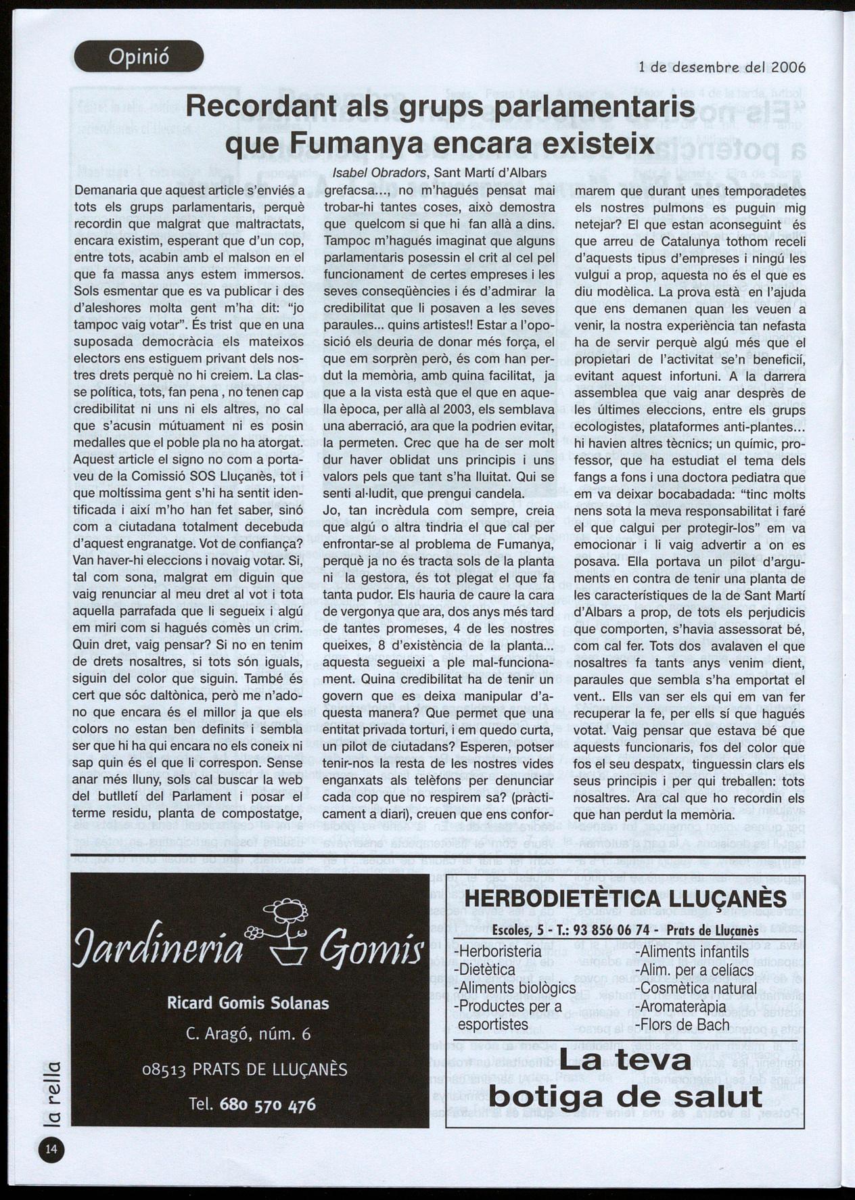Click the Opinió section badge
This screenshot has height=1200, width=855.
click(x=139, y=56)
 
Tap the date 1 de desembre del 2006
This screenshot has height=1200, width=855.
click(x=722, y=68)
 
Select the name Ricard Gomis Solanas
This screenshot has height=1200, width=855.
click(x=248, y=1002)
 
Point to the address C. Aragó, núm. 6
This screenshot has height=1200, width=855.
click(x=248, y=1034)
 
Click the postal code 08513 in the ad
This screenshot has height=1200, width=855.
click(x=164, y=1070)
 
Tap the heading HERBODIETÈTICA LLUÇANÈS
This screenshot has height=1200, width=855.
click(x=626, y=899)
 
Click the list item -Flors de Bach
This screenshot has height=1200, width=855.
click(x=683, y=1024)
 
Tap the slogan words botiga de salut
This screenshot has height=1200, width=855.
click(x=625, y=1096)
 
